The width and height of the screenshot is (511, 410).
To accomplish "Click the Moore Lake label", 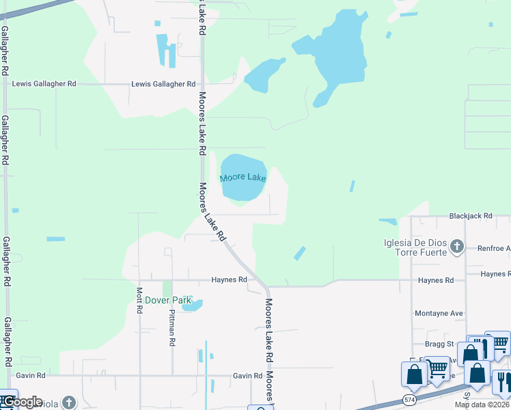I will coord(243,178).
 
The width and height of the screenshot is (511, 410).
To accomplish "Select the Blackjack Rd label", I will coord(471,216).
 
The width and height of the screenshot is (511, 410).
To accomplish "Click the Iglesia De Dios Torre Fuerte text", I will coord(415,247).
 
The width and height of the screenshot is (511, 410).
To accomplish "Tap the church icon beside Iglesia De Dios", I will coord(457,247).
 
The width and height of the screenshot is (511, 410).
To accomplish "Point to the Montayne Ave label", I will coord(439,314).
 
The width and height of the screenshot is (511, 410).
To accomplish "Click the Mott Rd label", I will coord(139,299).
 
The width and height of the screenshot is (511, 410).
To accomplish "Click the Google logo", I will coord(22,402).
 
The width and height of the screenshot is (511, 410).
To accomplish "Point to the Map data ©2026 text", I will coord(482,405).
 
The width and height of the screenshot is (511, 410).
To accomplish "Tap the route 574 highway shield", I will coord(409,398).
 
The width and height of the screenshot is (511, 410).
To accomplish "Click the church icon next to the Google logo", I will coord(68,402).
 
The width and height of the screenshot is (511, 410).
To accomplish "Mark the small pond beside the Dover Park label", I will coord(192,305).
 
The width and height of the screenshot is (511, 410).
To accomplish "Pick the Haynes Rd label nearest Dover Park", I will coord(228,279).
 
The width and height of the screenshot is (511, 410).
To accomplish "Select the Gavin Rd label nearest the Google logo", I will coord(31,375).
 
